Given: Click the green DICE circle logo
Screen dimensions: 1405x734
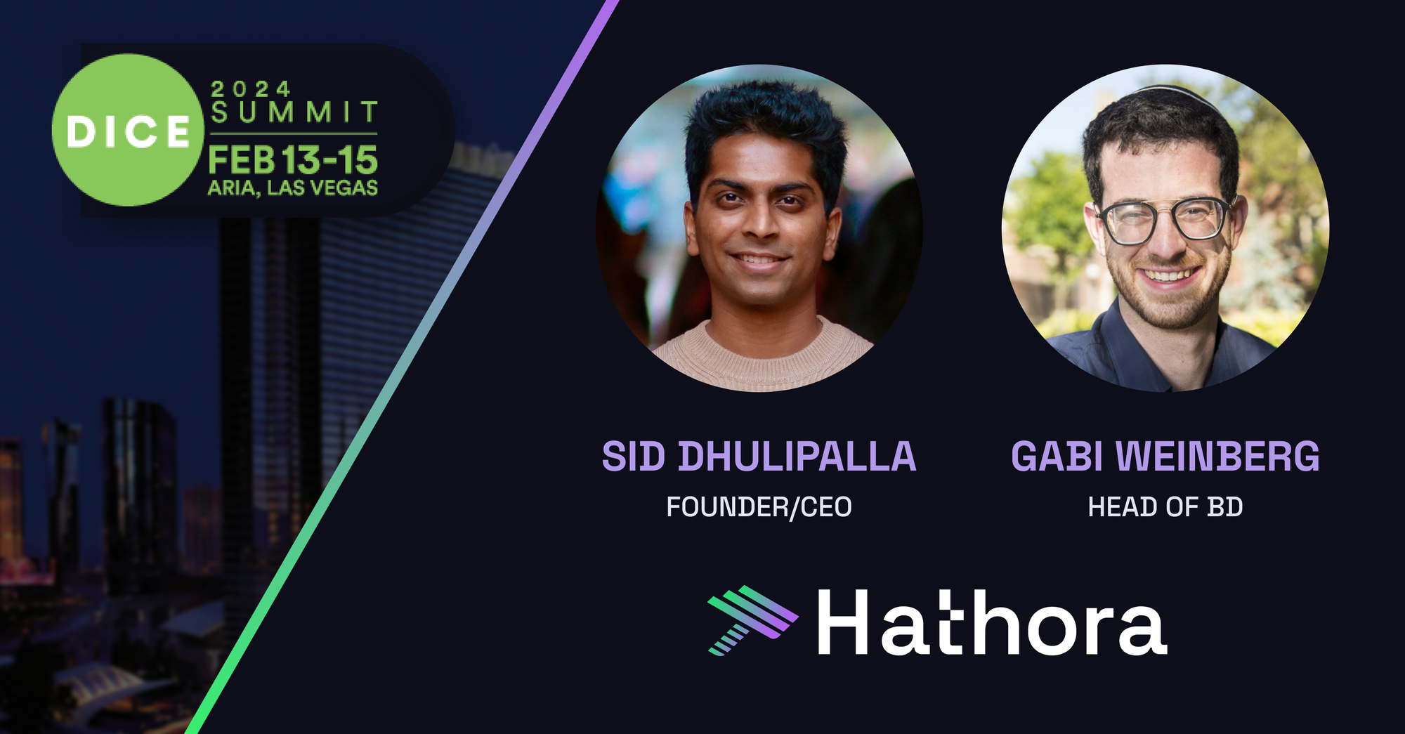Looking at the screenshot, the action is (127, 130).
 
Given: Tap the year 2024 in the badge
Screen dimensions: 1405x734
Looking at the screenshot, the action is (251, 89).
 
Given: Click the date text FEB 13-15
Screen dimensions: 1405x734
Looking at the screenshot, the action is (293, 160).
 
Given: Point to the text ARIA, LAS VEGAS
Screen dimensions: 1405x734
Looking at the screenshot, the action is (293, 188).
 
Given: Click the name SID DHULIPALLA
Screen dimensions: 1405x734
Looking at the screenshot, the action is (759, 457).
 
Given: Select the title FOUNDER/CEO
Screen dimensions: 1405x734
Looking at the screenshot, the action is (759, 507).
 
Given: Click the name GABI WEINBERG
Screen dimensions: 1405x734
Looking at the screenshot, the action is (1165, 457).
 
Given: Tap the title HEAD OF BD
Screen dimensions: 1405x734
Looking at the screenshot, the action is (1165, 507).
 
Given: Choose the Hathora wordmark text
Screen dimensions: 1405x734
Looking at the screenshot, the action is (992, 622).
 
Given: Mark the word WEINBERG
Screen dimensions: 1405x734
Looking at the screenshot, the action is (1218, 457).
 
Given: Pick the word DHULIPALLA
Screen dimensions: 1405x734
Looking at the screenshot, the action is (797, 457).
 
